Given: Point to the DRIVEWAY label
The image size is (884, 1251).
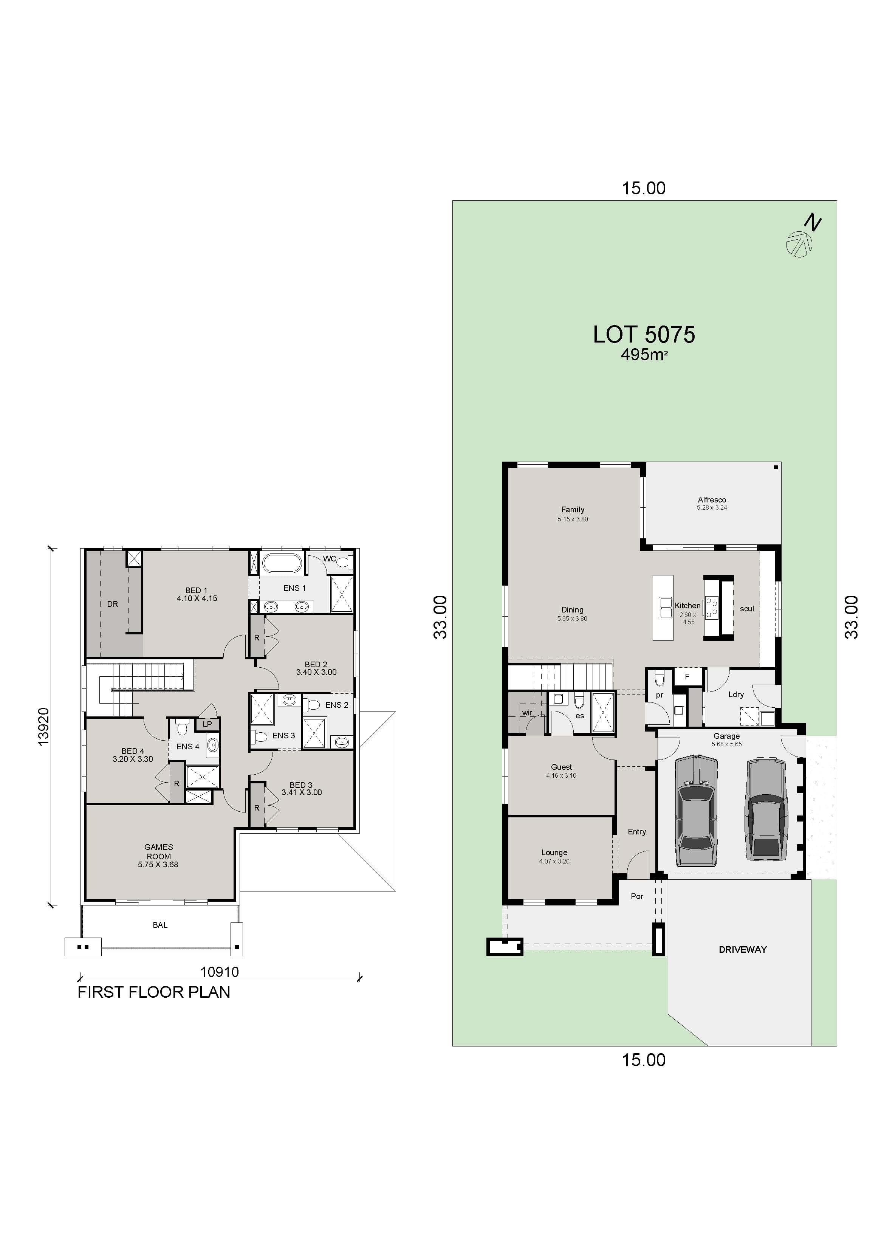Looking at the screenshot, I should [x=742, y=949].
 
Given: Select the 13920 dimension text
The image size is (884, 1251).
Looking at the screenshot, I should [x=43, y=727].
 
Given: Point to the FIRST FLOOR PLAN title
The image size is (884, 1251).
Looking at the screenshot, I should [x=153, y=992].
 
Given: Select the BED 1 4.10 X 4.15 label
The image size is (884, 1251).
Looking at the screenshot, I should [x=197, y=594].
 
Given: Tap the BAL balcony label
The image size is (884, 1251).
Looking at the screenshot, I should [x=160, y=925].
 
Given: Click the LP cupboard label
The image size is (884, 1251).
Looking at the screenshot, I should [x=207, y=724].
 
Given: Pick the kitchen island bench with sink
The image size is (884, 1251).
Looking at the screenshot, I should [x=663, y=608].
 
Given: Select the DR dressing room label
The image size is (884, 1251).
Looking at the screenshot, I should [x=112, y=604].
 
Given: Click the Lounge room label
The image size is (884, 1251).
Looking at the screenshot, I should [x=554, y=852].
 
